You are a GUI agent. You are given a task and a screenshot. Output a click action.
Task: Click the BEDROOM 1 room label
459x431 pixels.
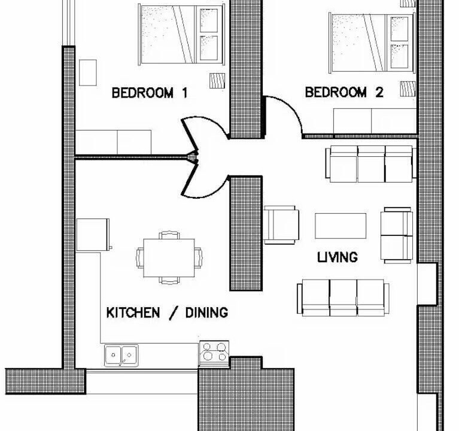pyautogui.click(x=150, y=93)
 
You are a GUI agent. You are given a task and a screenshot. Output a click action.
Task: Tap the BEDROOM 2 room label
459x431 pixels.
pyautogui.click(x=344, y=92)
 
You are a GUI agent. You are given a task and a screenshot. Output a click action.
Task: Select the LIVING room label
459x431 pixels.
pyautogui.click(x=338, y=257)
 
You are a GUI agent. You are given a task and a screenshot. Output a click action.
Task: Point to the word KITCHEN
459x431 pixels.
pyautogui.click(x=133, y=312)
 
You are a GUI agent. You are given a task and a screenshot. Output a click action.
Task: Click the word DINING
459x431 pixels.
pyautogui.click(x=206, y=312)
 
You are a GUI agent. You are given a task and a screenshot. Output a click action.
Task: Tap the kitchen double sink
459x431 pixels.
pyautogui.click(x=121, y=356)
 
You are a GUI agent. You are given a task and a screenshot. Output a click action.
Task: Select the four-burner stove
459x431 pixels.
pyautogui.click(x=214, y=353)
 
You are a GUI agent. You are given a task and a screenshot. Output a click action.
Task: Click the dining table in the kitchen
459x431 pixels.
pyautogui.click(x=169, y=258)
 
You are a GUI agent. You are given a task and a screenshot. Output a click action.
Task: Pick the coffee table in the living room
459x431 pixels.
pyautogui.click(x=341, y=226)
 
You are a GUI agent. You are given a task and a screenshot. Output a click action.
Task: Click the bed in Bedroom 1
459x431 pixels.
pyautogui.click(x=181, y=35)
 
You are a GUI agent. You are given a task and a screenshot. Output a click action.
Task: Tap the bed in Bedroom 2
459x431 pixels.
pyautogui.click(x=372, y=43)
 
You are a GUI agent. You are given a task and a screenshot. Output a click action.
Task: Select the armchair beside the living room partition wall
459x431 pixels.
pyautogui.click(x=281, y=225)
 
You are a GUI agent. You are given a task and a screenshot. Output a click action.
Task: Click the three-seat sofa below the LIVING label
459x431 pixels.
pyautogui.click(x=343, y=298)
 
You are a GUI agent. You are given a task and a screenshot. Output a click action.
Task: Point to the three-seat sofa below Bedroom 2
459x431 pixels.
pyautogui.click(x=371, y=164)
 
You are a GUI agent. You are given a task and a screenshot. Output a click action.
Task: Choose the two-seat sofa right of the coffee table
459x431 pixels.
pyautogui.click(x=397, y=235)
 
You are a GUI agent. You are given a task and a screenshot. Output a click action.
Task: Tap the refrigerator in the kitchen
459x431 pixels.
pyautogui.click(x=93, y=235)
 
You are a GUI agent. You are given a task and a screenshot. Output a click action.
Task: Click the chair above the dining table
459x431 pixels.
pyautogui.click(x=169, y=235)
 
